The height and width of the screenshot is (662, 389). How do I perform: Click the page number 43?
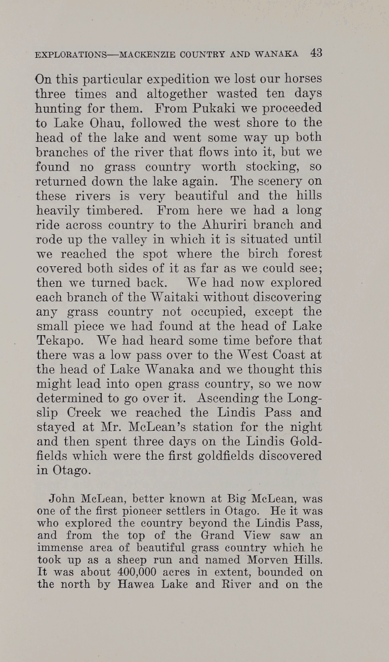[x=316, y=53]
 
